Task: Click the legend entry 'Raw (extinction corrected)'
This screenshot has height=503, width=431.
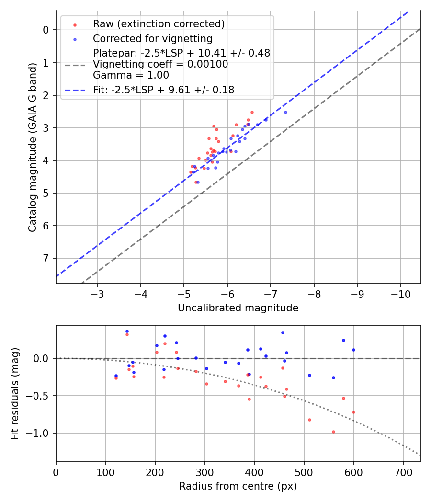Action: coord(159,24)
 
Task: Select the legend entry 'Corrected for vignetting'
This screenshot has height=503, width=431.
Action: coord(153,38)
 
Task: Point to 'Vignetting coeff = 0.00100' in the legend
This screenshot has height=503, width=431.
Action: coord(160,64)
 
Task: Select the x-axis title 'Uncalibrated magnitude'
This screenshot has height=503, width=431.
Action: coord(238,308)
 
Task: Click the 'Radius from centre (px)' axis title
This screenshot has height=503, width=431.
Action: coord(238,486)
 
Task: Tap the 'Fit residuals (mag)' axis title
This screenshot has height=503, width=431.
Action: coord(15,393)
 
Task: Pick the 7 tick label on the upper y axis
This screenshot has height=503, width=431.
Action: coord(46,259)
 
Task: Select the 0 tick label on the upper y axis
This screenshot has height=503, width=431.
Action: coord(46,30)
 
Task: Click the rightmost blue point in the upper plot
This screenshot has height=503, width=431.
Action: coord(285,112)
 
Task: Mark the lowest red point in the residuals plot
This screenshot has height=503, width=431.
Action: coord(333,432)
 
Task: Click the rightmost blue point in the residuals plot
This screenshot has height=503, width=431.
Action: coord(353,350)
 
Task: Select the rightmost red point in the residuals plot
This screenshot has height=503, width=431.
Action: coord(353,412)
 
